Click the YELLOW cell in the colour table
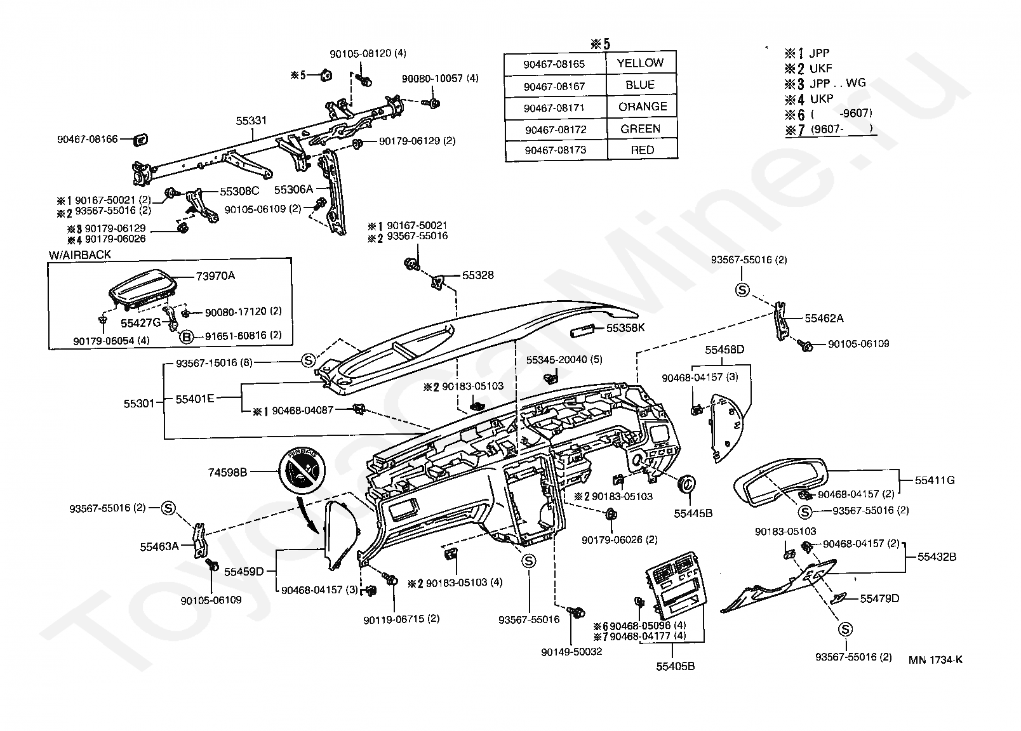click(640, 63)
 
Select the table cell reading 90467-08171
click(554, 108)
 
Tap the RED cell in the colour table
click(642, 150)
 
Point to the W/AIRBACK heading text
click(80, 254)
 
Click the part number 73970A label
click(215, 276)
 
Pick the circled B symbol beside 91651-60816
click(187, 336)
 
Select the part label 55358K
click(625, 328)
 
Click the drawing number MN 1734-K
click(935, 660)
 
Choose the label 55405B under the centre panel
click(676, 666)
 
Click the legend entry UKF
click(821, 69)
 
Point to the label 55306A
click(293, 189)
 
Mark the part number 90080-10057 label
click(439, 78)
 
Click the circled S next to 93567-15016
click(307, 361)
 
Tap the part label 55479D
click(879, 598)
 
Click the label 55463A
click(159, 546)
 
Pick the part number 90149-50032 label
click(571, 652)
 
